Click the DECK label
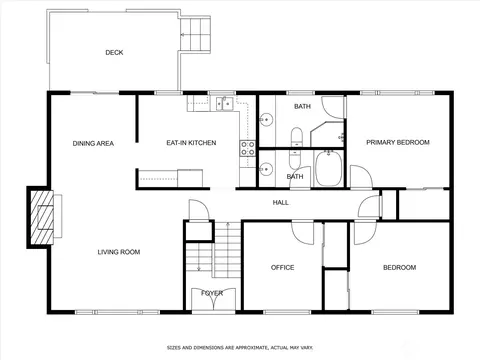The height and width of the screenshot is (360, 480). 114,52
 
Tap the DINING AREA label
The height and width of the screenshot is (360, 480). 93,143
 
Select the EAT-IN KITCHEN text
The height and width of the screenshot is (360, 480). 191,143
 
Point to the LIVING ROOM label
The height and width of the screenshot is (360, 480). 119,252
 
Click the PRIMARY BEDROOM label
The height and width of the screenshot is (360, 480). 398,142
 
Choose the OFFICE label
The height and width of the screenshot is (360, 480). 282,267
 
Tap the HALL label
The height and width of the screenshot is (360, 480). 281,202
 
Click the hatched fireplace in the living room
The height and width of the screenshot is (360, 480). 42,217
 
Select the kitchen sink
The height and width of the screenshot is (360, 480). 224,103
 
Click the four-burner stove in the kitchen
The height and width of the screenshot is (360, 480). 248,148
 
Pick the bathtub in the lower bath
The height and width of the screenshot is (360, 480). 329,168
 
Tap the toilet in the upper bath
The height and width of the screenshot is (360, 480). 296,137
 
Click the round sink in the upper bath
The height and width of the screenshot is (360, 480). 266,119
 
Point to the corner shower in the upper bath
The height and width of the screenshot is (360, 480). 327,134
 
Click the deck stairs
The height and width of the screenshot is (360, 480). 195,34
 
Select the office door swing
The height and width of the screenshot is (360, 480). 303,233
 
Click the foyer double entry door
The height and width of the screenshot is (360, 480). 213,299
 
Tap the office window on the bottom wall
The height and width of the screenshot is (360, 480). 287,312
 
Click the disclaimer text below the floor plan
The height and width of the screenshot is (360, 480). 240,348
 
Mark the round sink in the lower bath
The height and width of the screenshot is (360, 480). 266,169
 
